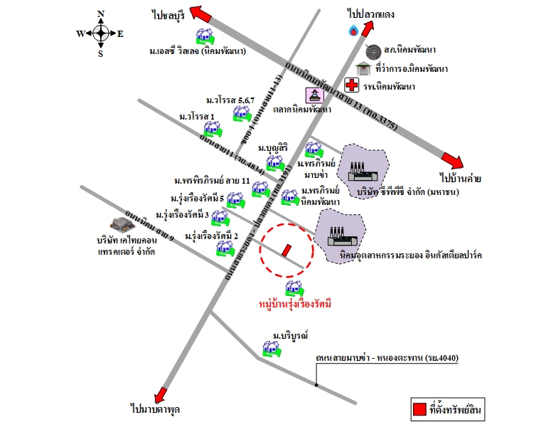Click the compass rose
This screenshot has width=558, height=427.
pos(100,33)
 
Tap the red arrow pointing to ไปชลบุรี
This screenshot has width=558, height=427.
pos(201,16)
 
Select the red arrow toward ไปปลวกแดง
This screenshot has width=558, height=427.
pos(368,28)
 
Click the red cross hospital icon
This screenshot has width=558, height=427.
pos(351,85)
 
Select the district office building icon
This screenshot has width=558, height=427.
pos(363,68)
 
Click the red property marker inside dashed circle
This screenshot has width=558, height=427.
pos(286,251)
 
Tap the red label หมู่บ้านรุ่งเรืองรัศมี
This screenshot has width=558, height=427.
pos(296,304)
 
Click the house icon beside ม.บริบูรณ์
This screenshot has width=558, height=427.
pos(271,348)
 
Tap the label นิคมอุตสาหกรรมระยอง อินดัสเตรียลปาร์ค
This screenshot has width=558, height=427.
pos(401,254)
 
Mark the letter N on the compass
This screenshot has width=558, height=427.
pos(101,14)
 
